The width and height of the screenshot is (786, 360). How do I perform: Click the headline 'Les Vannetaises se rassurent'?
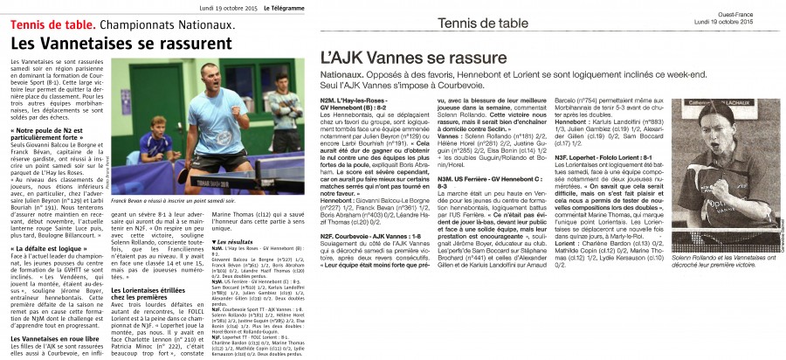coord(121,43)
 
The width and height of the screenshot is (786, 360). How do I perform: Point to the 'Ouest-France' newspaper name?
coord(757,10)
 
